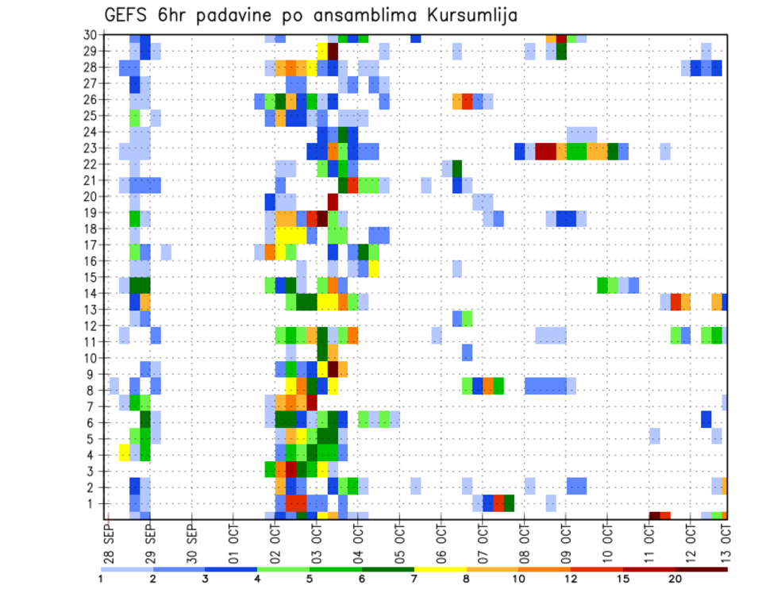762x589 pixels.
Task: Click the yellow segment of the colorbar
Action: (441, 569)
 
